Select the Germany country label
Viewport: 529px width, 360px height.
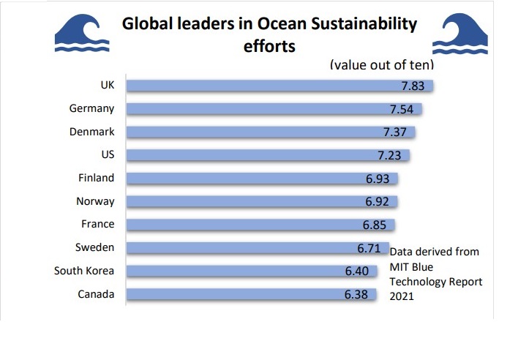point(92,109)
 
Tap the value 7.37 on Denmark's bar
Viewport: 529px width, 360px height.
point(398,132)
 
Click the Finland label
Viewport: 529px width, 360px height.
point(96,178)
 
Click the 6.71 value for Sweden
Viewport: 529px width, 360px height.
point(369,248)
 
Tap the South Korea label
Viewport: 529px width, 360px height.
point(84,271)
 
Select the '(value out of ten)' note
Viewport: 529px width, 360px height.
point(382,65)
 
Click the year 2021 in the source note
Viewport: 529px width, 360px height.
point(402,296)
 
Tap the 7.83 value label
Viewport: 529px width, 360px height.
point(416,86)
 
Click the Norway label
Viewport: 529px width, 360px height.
point(95,201)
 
